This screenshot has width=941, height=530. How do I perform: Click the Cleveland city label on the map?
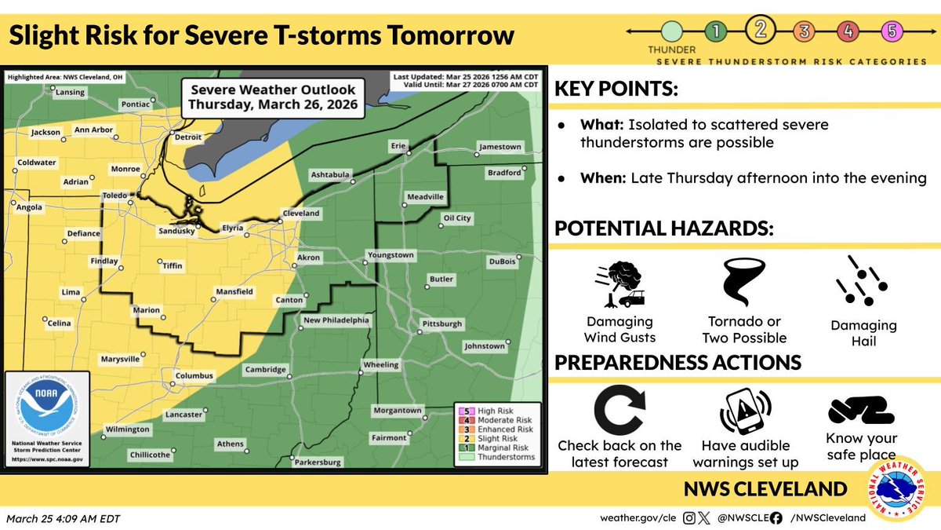301,214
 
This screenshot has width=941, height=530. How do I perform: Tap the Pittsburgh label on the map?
442,323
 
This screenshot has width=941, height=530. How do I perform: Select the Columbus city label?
194,376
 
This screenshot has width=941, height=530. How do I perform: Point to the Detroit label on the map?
187,137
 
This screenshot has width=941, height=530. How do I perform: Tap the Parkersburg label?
318,462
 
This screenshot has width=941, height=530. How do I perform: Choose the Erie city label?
400,146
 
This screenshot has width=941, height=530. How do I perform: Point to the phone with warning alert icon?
744,409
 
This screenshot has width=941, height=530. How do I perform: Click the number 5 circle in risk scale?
892,32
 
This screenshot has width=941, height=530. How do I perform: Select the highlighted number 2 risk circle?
760,31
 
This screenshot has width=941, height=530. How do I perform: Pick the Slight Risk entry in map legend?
496,439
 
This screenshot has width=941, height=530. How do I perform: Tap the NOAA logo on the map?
44,411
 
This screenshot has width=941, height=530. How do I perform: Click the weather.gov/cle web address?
638,517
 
